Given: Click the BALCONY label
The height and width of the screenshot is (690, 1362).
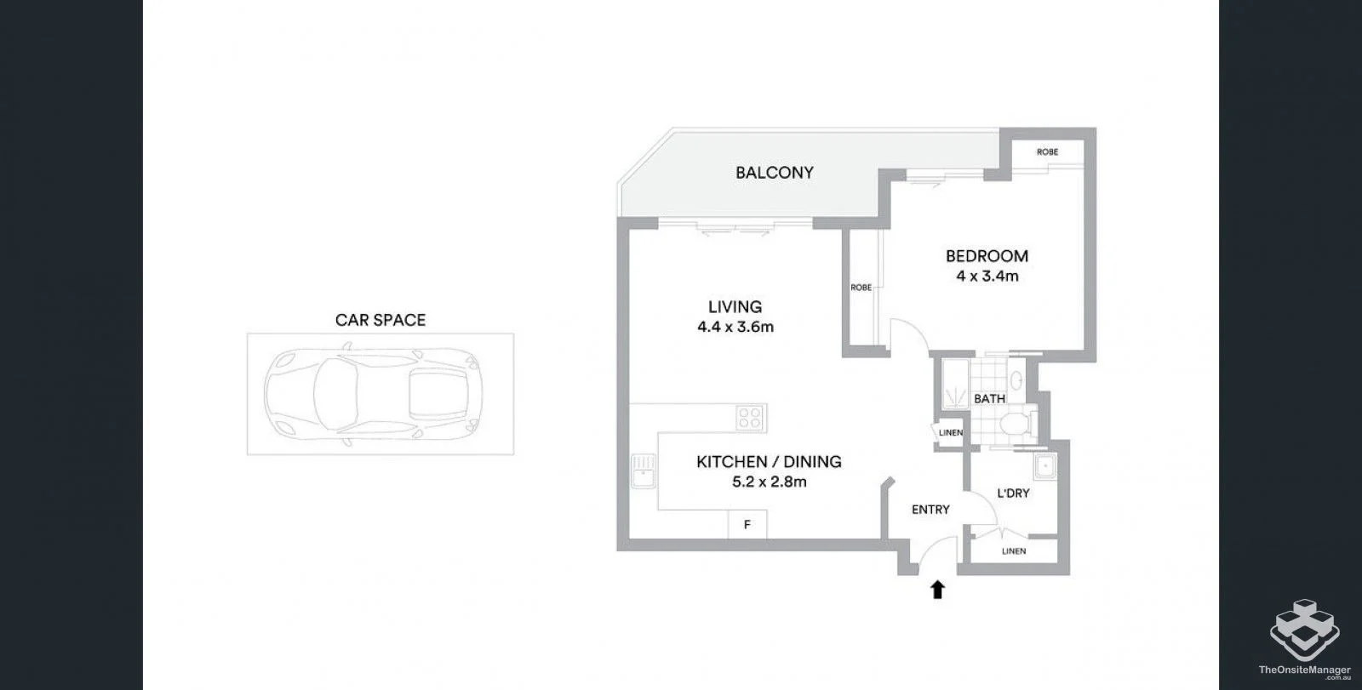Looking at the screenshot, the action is [774, 173].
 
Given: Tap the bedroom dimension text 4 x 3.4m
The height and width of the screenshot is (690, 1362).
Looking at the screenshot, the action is [987, 276].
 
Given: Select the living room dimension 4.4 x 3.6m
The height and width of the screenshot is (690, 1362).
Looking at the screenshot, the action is [735, 327].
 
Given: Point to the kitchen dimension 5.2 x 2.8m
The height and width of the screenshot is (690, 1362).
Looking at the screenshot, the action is [770, 482].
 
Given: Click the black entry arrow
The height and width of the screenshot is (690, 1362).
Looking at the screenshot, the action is [937, 590].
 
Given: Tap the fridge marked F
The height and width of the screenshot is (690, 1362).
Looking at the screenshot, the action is [747, 524].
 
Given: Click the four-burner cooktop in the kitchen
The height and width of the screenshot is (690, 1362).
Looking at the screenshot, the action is [751, 419].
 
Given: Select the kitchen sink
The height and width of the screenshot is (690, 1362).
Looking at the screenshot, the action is [644, 471].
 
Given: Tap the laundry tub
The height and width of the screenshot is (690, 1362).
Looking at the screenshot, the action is [1045, 467].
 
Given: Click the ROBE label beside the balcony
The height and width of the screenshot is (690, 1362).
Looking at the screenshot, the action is [1047, 152].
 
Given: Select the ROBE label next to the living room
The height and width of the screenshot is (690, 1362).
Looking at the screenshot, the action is [861, 288].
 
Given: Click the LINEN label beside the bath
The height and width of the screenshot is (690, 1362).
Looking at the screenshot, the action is [950, 433].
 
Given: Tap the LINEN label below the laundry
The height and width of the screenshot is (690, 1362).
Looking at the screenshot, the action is [1014, 551].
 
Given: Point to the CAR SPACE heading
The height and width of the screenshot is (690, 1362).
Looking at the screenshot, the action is [381, 321].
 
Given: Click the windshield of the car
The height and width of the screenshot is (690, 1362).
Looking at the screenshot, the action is [335, 393].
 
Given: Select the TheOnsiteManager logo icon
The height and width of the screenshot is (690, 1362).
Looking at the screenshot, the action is [1304, 630].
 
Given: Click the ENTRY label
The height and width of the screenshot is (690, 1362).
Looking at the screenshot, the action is [930, 510].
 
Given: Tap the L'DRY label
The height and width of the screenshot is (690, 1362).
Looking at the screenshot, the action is [1013, 493].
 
